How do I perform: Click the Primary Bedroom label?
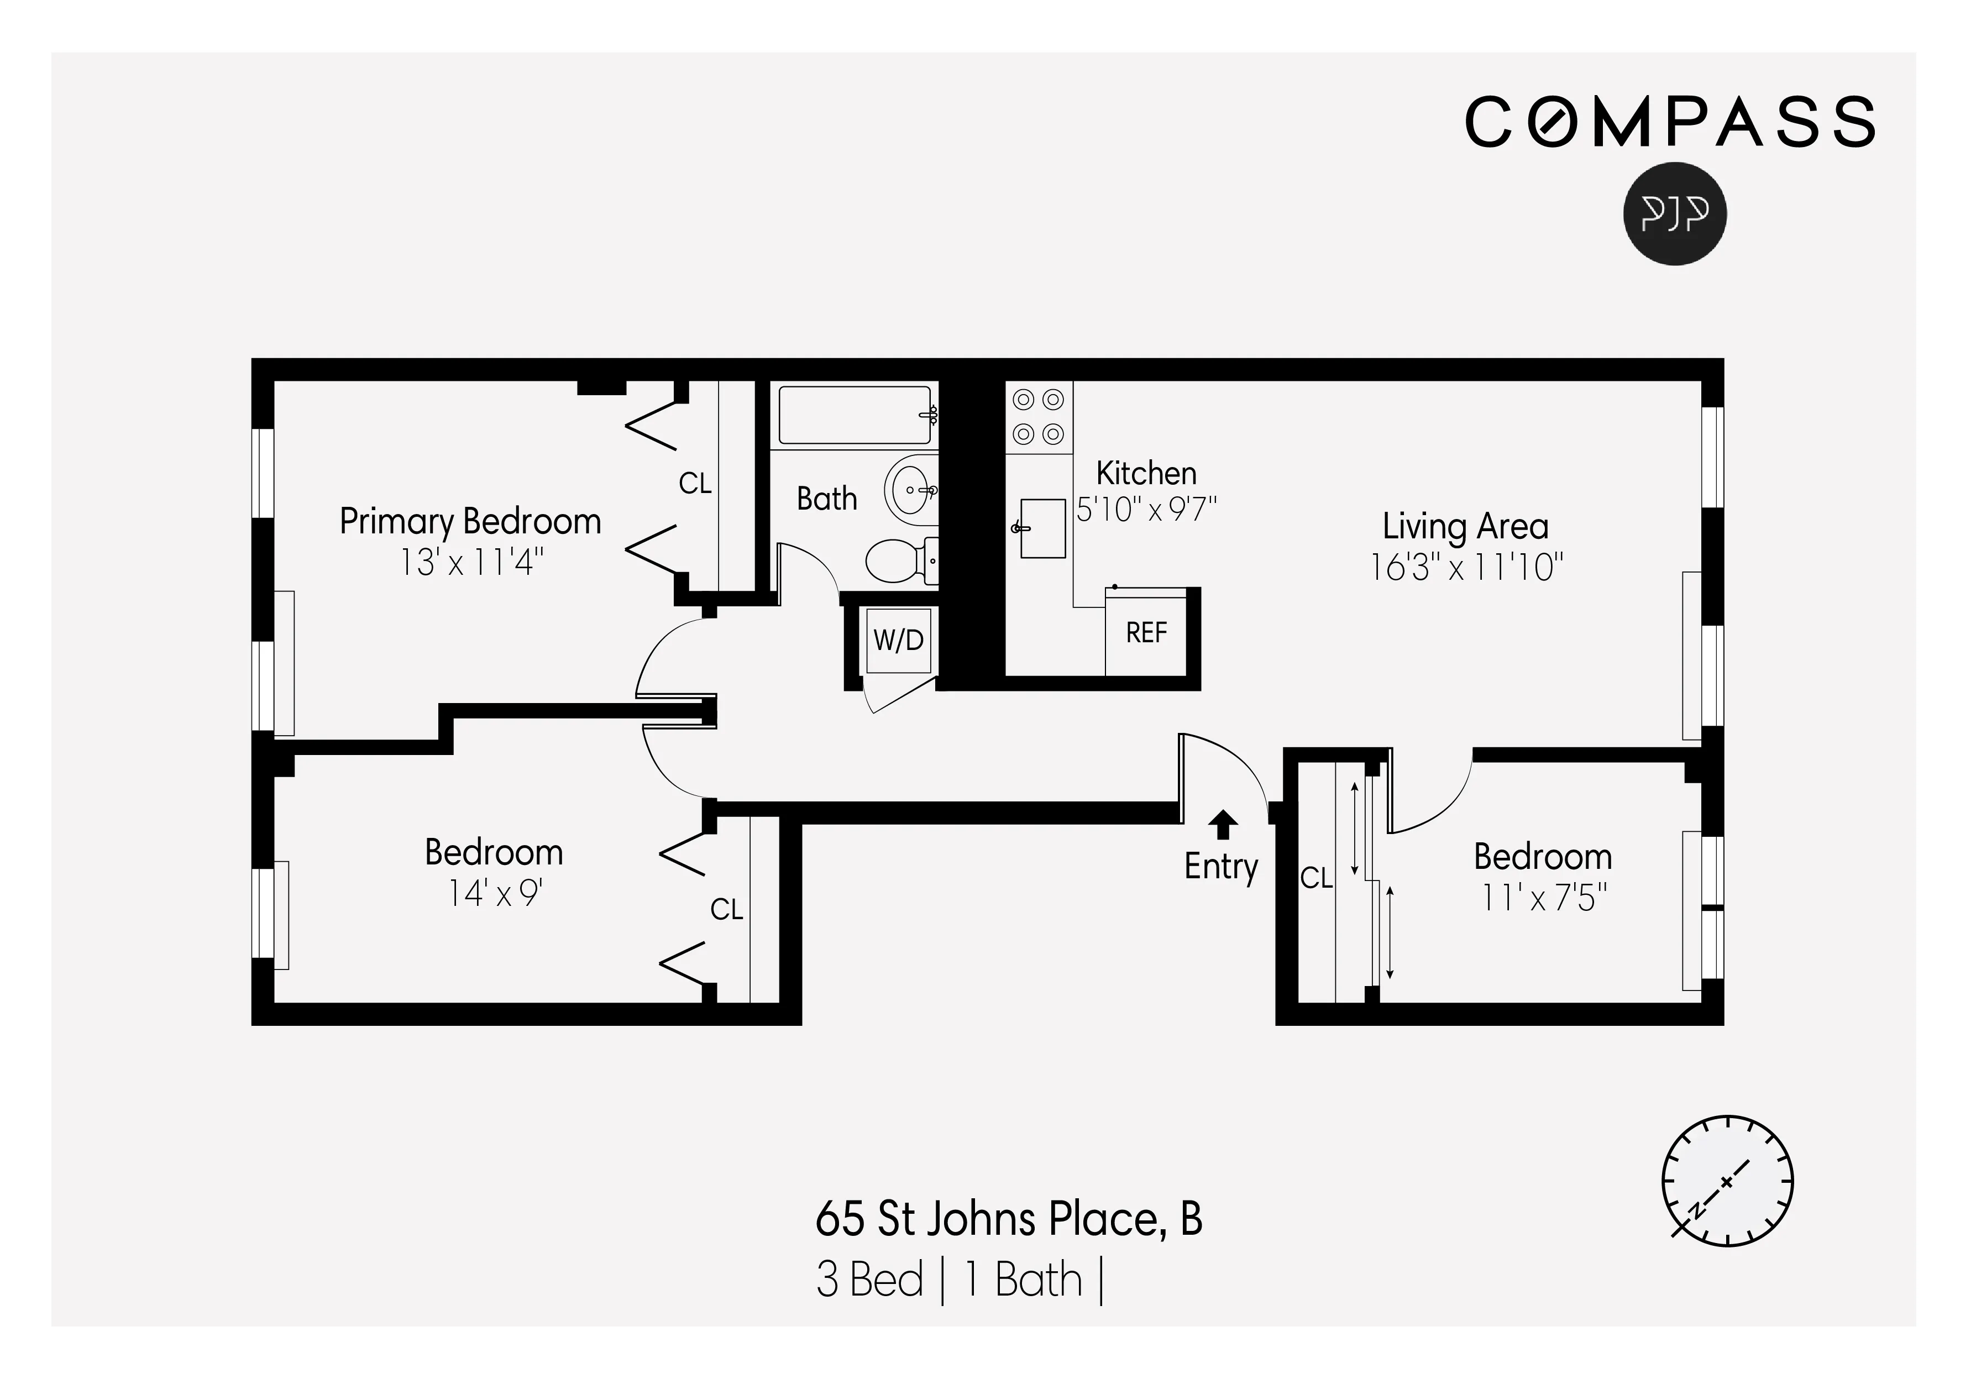470,522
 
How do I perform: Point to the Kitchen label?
1145,473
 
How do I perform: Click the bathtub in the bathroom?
855,415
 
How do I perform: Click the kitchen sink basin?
1042,528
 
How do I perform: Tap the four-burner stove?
1039,417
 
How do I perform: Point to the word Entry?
1220,866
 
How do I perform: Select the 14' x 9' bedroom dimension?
494,893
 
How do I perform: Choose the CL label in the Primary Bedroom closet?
695,484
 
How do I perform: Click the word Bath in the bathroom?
826,499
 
